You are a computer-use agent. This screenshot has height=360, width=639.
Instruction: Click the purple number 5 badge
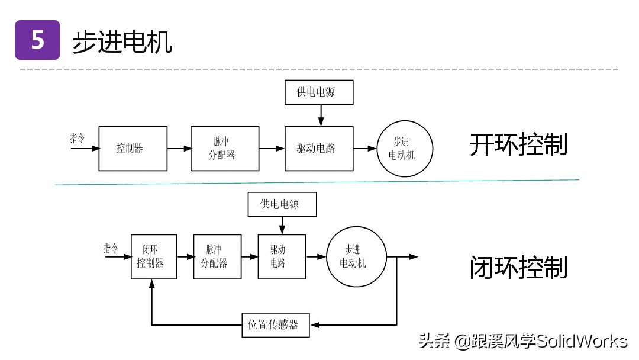pyautogui.click(x=37, y=40)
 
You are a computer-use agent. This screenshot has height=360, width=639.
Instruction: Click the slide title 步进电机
pyautogui.click(x=122, y=42)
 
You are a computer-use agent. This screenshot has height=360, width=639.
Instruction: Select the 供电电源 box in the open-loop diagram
pyautogui.click(x=319, y=92)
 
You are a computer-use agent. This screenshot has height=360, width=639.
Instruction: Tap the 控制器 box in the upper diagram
pyautogui.click(x=129, y=149)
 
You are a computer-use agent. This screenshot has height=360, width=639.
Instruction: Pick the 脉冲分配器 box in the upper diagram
pyautogui.click(x=225, y=149)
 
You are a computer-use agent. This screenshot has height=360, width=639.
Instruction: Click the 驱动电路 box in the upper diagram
pyautogui.click(x=319, y=149)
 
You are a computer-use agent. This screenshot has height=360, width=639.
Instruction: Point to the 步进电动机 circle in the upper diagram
pyautogui.click(x=405, y=149)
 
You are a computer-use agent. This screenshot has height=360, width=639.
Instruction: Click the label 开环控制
pyautogui.click(x=518, y=145)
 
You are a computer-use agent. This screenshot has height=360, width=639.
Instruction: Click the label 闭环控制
pyautogui.click(x=518, y=268)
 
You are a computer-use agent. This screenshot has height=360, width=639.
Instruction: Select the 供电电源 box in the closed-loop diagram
pyautogui.click(x=281, y=204)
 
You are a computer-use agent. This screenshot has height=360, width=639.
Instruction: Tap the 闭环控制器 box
pyautogui.click(x=154, y=256)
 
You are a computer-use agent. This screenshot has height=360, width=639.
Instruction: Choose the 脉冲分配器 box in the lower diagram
pyautogui.click(x=217, y=256)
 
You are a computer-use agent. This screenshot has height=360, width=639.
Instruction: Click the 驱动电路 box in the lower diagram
pyautogui.click(x=282, y=256)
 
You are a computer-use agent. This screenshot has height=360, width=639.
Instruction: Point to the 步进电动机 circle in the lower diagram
pyautogui.click(x=356, y=256)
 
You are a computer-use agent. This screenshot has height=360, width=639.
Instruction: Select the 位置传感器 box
pyautogui.click(x=276, y=324)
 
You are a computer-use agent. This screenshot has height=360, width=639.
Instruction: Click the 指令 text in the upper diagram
pyautogui.click(x=78, y=139)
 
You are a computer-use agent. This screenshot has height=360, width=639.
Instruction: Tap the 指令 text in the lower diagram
pyautogui.click(x=111, y=248)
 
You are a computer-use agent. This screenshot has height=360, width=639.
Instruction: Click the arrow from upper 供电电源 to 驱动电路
pyautogui.click(x=321, y=115)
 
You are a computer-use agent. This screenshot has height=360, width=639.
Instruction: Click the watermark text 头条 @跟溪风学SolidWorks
pyautogui.click(x=522, y=341)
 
